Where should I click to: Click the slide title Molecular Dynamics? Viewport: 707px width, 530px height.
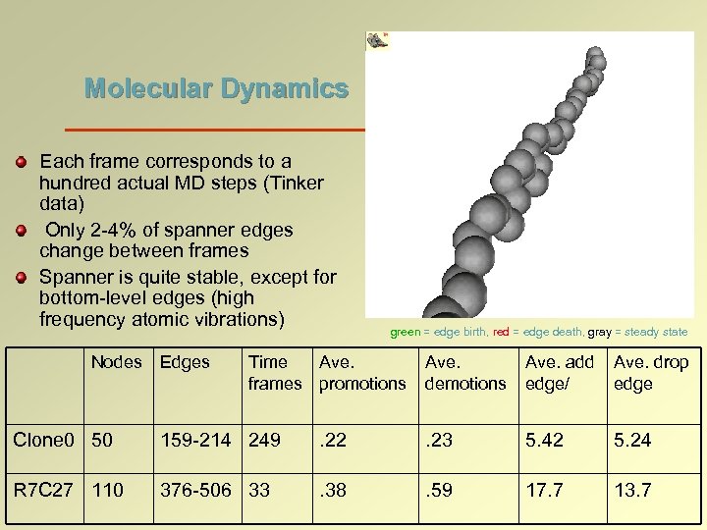click(216, 89)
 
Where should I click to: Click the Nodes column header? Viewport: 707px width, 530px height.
click(116, 362)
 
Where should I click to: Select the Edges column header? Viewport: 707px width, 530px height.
click(185, 362)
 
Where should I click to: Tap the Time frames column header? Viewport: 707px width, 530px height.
click(275, 373)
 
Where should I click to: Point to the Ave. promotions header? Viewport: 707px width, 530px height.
click(361, 373)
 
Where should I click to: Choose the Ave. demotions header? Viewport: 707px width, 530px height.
click(465, 373)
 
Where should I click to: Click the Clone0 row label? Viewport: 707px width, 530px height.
click(43, 440)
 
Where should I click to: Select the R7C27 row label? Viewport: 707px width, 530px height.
click(43, 489)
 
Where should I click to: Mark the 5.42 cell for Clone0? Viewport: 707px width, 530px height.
click(544, 440)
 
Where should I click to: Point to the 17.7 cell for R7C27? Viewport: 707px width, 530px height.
click(544, 489)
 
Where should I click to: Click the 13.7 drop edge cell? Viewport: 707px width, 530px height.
click(632, 489)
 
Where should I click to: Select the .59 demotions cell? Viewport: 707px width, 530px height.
click(439, 489)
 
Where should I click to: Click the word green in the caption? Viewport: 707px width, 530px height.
click(405, 332)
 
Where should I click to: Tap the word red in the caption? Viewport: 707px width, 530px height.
click(501, 332)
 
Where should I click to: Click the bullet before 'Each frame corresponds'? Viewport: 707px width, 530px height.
click(22, 160)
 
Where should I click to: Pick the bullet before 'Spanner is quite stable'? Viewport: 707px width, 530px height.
click(22, 278)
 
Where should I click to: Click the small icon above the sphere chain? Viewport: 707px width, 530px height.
click(378, 40)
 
